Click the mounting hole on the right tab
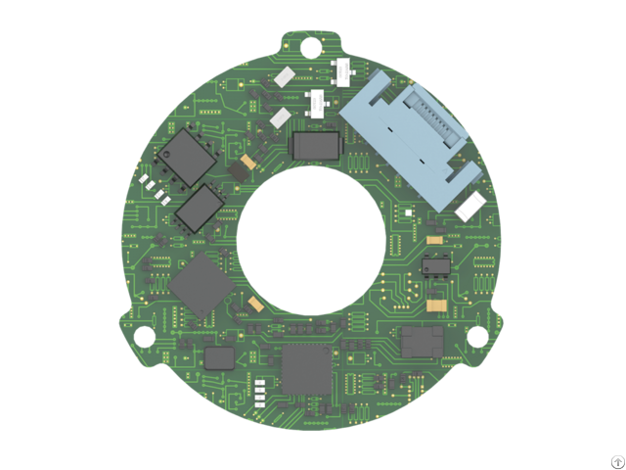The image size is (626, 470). pos(477,336)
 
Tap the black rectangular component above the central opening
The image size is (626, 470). pos(315,145)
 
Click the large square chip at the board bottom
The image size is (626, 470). pos(305,369)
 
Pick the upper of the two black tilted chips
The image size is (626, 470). pos(184,157)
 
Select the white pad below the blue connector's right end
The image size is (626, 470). pos(470,206)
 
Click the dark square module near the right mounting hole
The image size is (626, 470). pos(422,341)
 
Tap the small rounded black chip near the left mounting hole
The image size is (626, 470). pos(219,356)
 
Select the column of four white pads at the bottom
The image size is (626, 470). pos(260,393)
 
